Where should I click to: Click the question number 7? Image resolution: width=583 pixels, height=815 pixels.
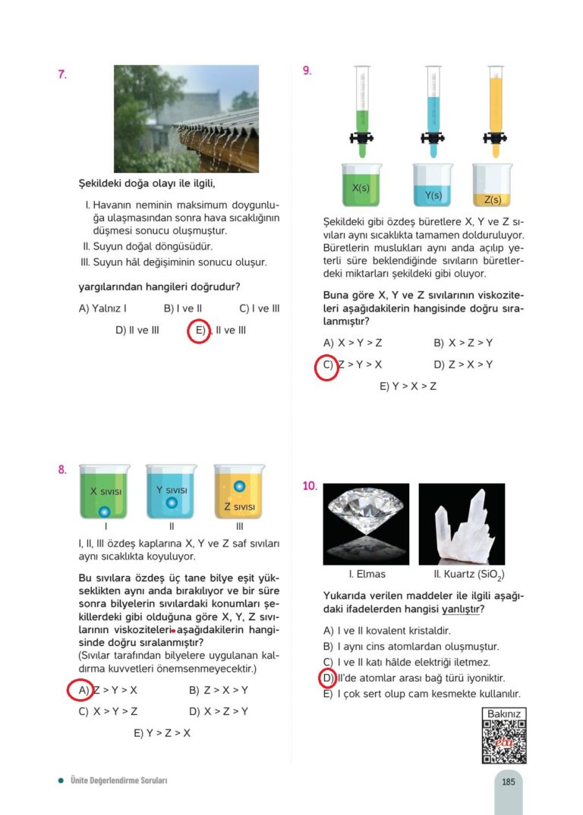coord(62,74)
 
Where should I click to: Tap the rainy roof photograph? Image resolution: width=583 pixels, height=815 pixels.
coord(186,119)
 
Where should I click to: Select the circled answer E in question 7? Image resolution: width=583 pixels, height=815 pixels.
coord(199,331)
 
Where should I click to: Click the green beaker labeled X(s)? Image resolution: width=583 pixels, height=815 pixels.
coord(361,185)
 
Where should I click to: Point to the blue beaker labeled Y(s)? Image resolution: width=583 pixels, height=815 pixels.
coord(433,186)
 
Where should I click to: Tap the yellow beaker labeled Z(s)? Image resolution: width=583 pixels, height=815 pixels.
coord(492,187)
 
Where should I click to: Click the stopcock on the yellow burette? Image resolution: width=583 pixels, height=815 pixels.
coord(493,138)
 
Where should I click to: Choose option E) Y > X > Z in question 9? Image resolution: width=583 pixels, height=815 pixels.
coord(408,387)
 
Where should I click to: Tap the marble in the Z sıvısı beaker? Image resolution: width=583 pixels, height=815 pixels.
coord(239,485)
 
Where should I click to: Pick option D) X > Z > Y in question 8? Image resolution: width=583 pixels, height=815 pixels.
coord(219,712)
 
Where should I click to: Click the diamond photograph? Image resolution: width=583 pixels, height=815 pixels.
coord(366,524)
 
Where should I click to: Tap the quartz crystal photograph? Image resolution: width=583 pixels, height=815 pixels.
coord(462,524)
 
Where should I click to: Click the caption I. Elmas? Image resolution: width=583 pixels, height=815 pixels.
coord(367,575)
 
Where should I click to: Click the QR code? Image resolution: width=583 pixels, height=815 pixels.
coord(504,741)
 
